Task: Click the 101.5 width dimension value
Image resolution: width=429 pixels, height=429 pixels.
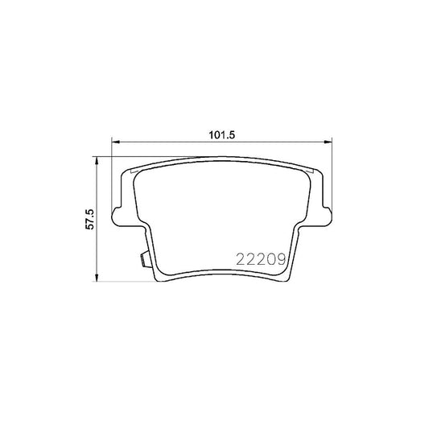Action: tap(220, 135)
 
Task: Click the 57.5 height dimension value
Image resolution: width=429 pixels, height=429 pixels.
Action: tap(91, 219)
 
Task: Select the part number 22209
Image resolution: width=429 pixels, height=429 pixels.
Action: tap(259, 259)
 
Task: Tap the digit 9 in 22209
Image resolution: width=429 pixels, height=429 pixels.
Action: tap(278, 259)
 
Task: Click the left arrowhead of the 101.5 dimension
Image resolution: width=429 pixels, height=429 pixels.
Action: tap(113, 143)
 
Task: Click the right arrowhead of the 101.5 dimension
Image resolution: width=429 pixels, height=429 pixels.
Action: tap(325, 143)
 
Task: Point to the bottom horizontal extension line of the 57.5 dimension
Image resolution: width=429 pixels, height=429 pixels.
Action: tap(121, 281)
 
